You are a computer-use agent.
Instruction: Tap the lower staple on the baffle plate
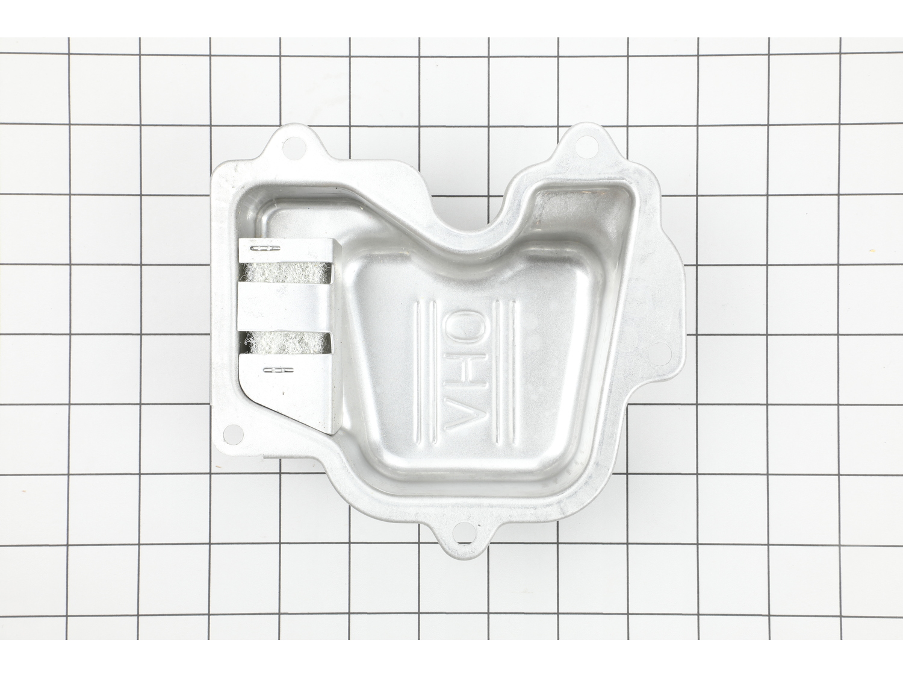(278, 369)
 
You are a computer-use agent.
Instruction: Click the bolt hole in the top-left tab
(294, 145)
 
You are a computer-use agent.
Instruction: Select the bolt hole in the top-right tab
(583, 140)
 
